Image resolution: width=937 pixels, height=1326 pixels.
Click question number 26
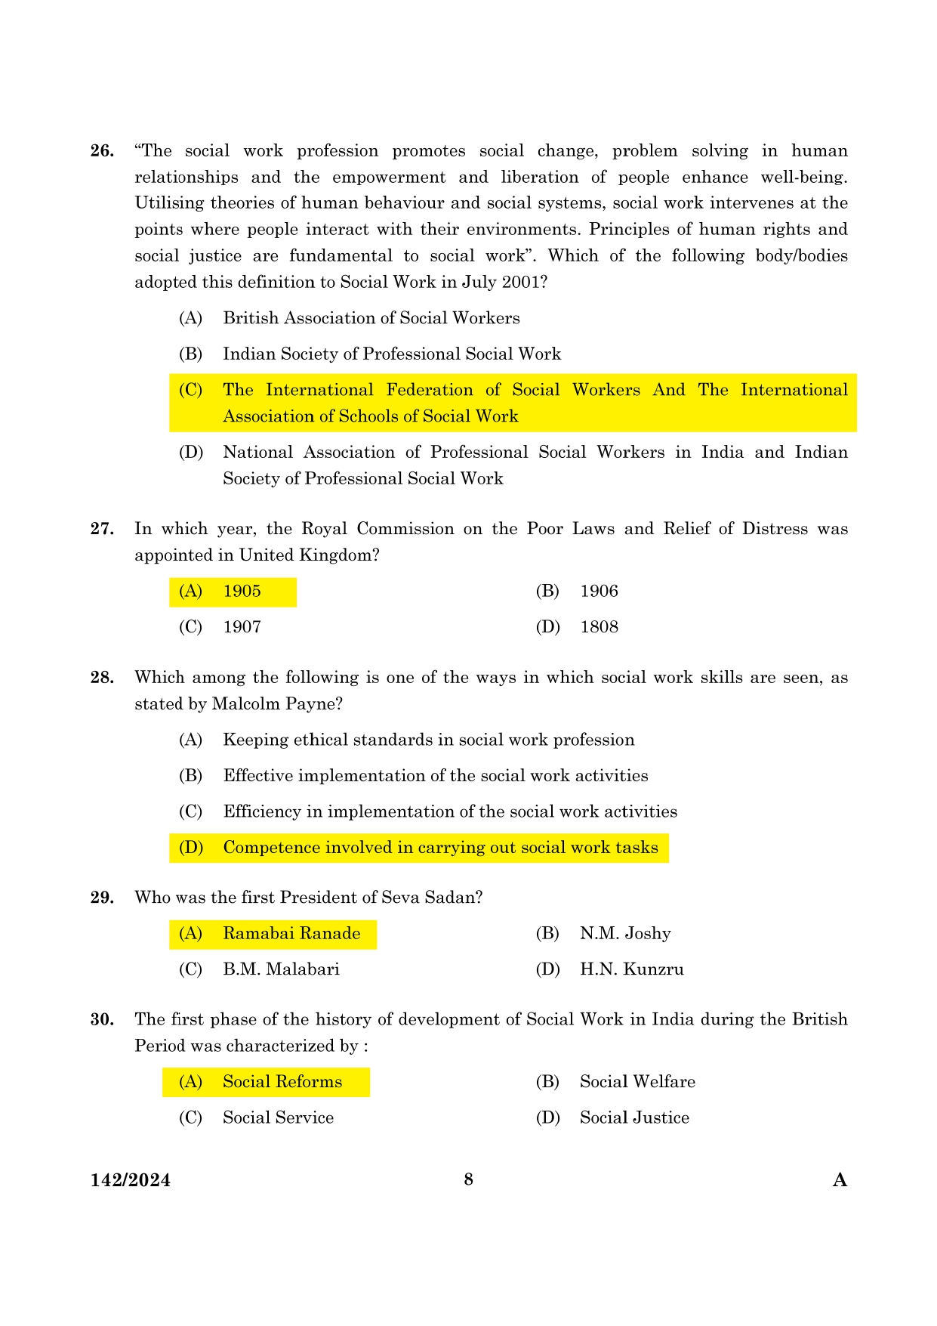[x=102, y=151]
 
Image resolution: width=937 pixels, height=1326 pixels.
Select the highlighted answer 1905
[x=242, y=592]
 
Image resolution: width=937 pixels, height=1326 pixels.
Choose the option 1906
[x=599, y=592]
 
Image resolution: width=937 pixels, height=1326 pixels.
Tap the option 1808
[x=599, y=627]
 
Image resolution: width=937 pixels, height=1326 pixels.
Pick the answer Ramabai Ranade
[x=291, y=934]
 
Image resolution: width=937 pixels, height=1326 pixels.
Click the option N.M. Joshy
[x=625, y=934]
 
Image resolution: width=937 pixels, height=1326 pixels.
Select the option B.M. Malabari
[x=281, y=969]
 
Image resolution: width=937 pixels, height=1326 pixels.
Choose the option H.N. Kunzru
[x=631, y=969]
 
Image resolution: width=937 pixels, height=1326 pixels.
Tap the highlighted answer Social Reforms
[x=282, y=1082]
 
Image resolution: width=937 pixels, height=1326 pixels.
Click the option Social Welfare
[x=637, y=1082]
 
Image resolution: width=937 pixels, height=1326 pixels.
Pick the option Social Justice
[x=634, y=1118]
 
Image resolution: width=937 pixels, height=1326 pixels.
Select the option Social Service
[x=278, y=1118]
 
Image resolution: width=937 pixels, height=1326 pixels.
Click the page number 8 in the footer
[x=468, y=1179]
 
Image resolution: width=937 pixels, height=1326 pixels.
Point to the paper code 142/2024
[x=131, y=1180]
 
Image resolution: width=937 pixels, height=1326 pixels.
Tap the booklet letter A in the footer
[x=840, y=1180]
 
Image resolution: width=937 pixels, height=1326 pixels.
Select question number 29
[x=102, y=898]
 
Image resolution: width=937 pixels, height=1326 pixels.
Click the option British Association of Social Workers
[x=371, y=318]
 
